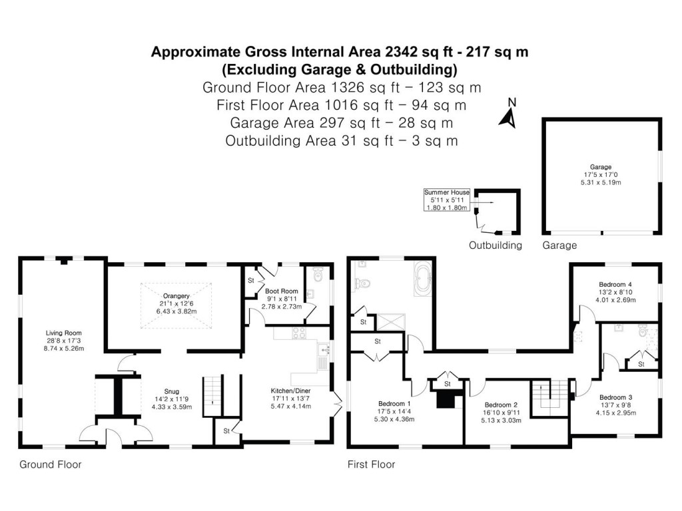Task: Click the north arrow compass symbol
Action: click(509, 114)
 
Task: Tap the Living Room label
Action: click(63, 333)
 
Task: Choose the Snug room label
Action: click(172, 391)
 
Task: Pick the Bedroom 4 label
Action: click(615, 284)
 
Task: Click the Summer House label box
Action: click(447, 200)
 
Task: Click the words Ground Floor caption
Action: click(51, 464)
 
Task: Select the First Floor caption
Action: click(371, 464)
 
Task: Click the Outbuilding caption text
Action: click(496, 245)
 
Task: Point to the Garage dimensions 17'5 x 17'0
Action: click(600, 175)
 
